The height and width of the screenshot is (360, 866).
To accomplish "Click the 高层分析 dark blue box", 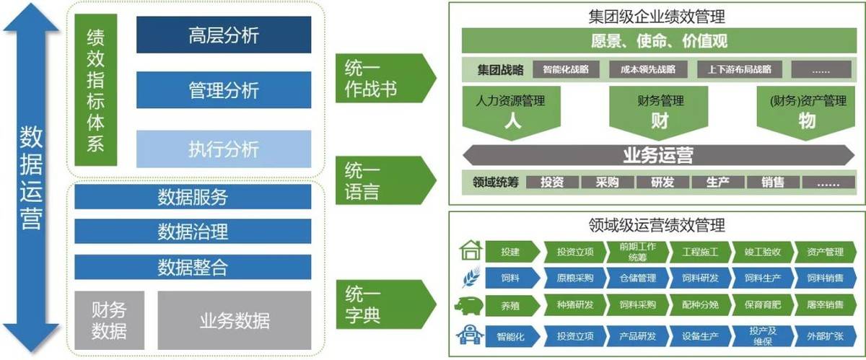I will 224,34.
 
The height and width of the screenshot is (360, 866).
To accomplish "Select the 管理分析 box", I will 224,91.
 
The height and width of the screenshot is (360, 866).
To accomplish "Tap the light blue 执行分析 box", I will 224,149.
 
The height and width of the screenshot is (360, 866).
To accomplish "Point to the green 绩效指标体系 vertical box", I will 96,91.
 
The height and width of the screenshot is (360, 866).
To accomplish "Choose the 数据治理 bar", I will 193,232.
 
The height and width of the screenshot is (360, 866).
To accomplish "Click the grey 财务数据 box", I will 109,320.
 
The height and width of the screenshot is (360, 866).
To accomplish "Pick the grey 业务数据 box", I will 235,320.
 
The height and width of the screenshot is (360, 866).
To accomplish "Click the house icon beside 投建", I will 470,251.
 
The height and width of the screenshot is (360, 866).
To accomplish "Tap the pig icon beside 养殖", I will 469,304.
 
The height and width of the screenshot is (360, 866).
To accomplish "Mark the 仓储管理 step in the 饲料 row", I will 637,278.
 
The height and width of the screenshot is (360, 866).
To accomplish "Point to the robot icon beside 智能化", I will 469,335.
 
